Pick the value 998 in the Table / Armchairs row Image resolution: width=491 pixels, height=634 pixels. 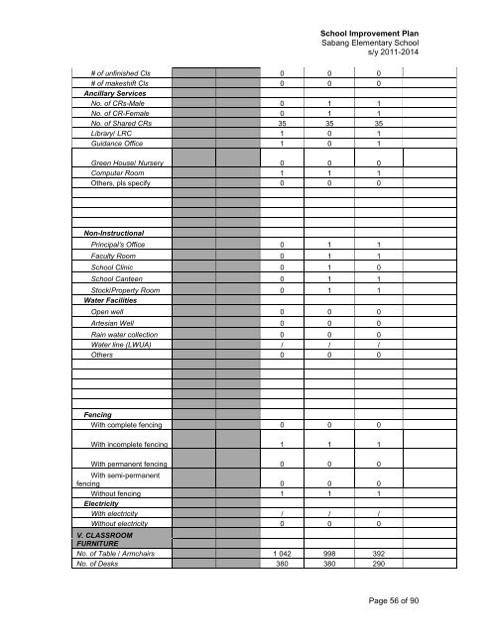332,552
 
